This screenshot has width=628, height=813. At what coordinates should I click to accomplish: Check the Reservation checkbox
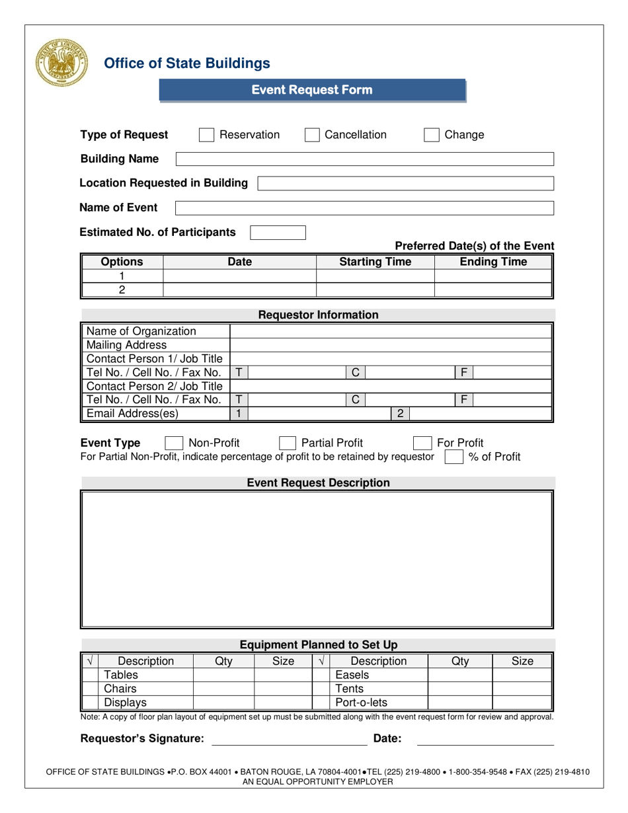pos(207,135)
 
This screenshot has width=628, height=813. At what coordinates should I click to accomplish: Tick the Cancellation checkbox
pos(312,135)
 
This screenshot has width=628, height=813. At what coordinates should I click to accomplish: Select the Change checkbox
pos(432,135)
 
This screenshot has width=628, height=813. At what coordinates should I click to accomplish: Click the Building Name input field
pos(364,159)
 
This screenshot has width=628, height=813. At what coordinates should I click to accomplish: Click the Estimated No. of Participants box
pos(278,233)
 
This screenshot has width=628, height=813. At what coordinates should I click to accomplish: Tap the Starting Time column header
pos(375,262)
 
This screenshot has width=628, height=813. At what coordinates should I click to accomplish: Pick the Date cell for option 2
pos(239,290)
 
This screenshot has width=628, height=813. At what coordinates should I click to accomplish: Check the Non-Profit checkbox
pos(173,443)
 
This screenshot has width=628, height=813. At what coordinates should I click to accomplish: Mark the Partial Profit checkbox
pos(288,443)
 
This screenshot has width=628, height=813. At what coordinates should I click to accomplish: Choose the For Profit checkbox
pos(422,443)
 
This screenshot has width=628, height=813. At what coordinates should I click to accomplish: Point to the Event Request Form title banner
pos(312,90)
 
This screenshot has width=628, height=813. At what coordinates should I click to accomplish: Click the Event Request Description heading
pos(318,483)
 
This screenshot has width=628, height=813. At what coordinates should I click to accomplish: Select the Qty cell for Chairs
pos(223,689)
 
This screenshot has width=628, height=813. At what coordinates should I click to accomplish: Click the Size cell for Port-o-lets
pos(522,703)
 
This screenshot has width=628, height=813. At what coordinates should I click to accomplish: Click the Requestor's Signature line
pos(288,740)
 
